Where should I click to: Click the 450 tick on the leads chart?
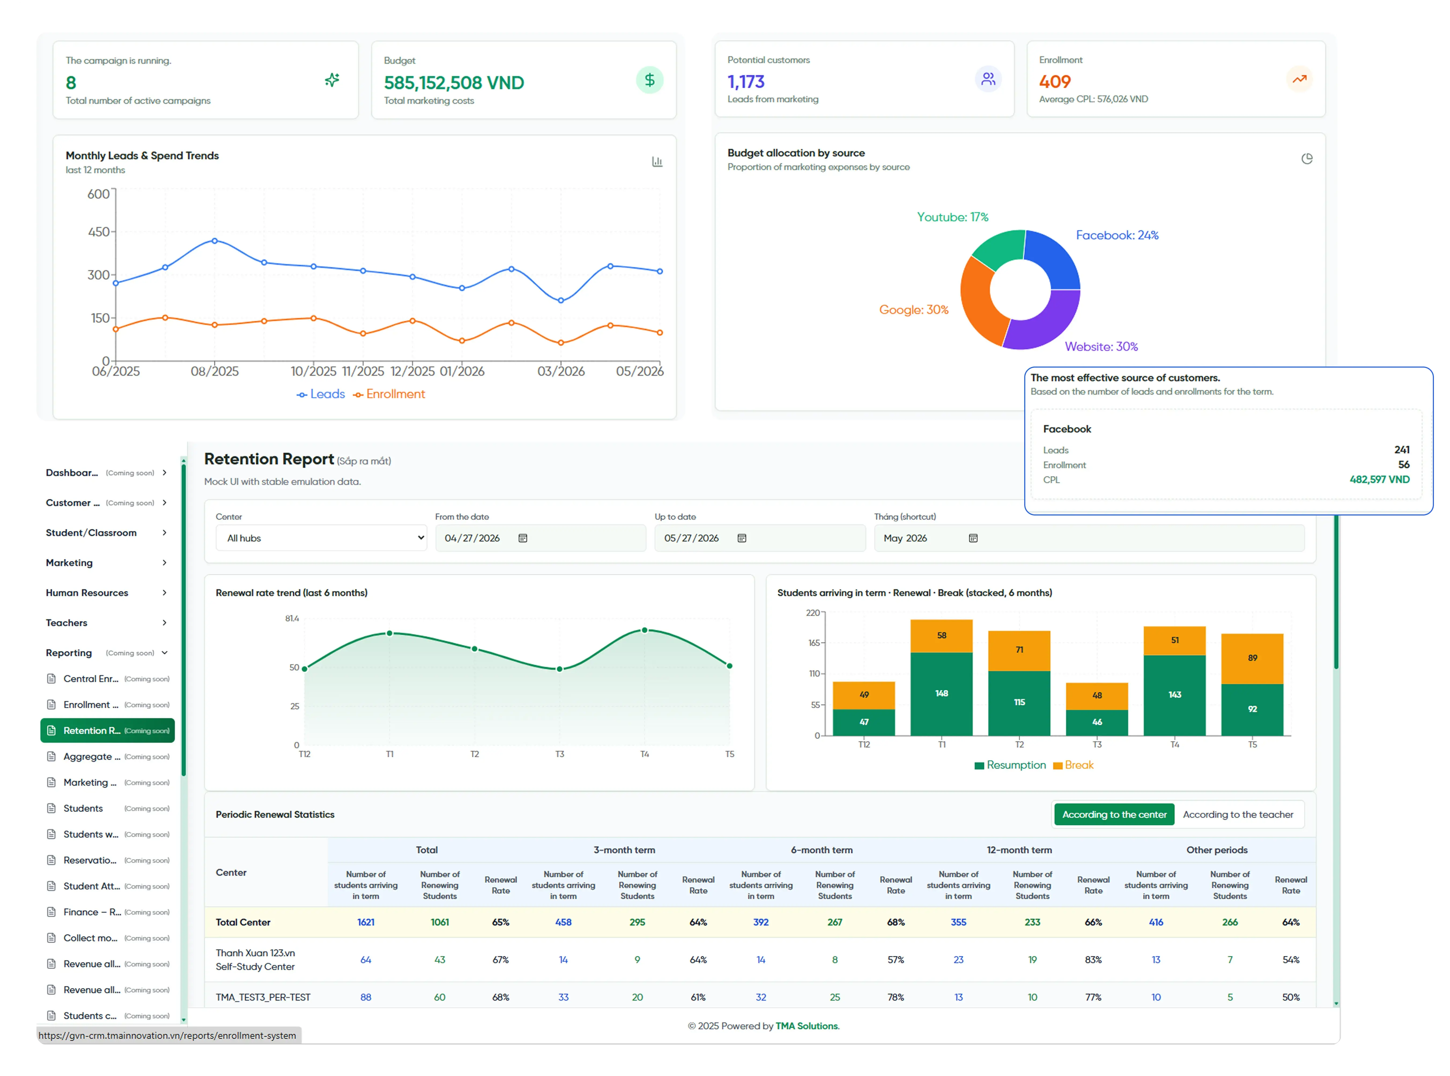click(99, 232)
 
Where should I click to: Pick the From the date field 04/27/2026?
click(540, 538)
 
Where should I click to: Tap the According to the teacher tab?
click(1238, 814)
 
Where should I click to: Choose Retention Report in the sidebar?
click(108, 730)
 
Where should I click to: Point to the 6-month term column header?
click(821, 850)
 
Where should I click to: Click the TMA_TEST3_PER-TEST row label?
click(263, 997)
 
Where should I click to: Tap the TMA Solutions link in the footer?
click(807, 1026)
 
